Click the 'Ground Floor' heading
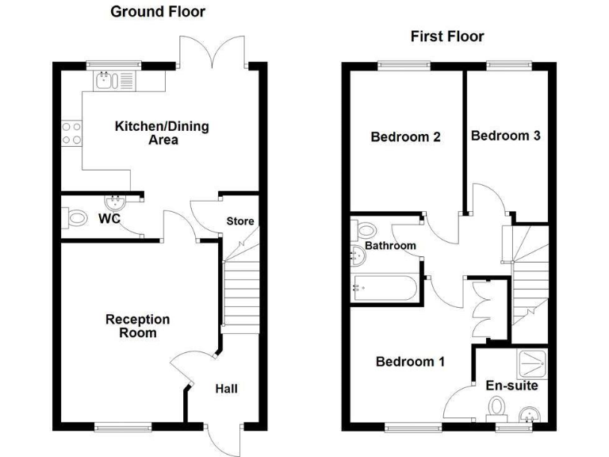(157, 11)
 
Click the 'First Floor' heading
(446, 36)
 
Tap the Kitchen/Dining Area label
(151, 133)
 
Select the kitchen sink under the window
(114, 79)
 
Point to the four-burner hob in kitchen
(71, 132)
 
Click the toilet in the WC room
(76, 217)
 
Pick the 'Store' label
(240, 221)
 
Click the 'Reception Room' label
(137, 326)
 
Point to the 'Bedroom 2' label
(406, 136)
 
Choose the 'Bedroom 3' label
(506, 136)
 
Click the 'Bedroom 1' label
(410, 362)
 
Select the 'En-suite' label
(511, 386)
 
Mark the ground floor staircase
(240, 297)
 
